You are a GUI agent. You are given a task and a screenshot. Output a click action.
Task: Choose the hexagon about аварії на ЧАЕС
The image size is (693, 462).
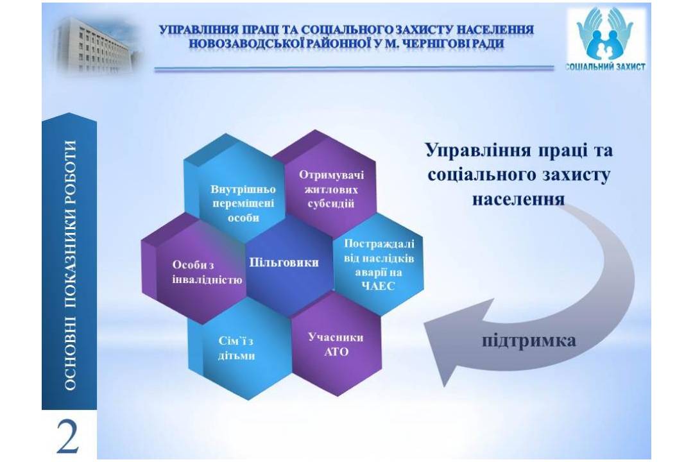[378, 264]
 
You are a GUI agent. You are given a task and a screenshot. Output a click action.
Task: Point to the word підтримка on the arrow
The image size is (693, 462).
[529, 341]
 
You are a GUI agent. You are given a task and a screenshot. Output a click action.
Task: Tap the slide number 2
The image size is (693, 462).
[67, 436]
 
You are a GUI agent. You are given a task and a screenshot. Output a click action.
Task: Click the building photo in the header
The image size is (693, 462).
[98, 44]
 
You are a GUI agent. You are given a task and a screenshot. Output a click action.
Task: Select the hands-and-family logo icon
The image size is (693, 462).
[604, 34]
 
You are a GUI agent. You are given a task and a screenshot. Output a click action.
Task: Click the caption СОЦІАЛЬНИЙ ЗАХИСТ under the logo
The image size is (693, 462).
[606, 67]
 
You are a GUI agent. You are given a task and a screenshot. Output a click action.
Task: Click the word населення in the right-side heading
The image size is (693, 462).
[518, 198]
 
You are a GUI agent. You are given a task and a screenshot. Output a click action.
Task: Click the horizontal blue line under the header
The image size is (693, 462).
[354, 69]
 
